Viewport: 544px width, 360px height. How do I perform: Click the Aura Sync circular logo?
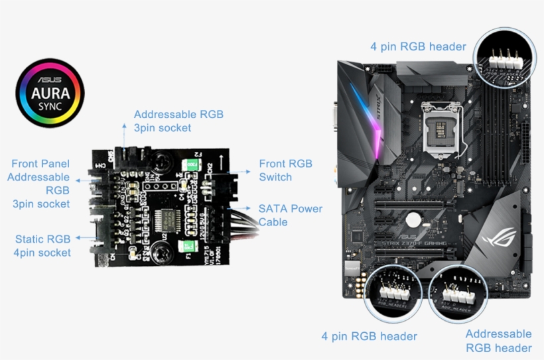(50, 93)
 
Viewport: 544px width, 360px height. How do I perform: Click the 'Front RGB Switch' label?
(285, 170)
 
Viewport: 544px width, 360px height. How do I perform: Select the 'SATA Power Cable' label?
(290, 215)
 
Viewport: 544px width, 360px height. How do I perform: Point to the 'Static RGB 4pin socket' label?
(42, 245)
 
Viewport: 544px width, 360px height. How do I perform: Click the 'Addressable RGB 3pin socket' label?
(178, 121)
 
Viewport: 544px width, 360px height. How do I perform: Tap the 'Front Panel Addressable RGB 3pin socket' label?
(40, 184)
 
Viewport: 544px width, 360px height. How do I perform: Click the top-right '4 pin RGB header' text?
(418, 46)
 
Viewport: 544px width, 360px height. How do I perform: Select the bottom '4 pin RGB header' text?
(369, 336)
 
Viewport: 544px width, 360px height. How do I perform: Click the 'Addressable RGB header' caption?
(498, 341)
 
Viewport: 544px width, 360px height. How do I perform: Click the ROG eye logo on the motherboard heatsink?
(498, 235)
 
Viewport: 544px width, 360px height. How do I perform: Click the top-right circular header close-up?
(505, 57)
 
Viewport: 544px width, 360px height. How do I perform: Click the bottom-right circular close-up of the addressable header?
(463, 292)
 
